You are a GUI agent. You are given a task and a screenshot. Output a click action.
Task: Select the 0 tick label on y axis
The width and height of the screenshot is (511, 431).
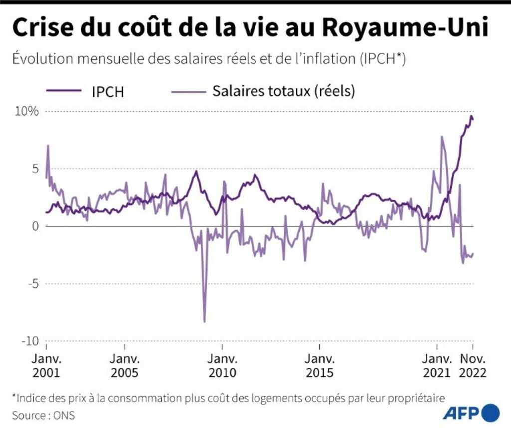pos(35,226)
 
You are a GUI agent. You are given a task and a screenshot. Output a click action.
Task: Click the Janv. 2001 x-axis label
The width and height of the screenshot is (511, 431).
pos(46,366)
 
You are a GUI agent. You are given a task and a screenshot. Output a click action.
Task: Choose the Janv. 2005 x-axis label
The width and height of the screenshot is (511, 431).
pos(125,366)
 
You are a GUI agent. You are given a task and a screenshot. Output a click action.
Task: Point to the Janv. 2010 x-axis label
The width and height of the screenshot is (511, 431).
pos(223,366)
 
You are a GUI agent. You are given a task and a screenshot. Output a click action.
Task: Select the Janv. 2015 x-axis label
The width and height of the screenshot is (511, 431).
pos(320,366)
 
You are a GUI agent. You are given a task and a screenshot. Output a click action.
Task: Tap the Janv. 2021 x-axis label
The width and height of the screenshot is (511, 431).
pos(437,366)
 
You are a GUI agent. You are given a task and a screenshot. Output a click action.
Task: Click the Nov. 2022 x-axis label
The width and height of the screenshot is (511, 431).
pos(473,366)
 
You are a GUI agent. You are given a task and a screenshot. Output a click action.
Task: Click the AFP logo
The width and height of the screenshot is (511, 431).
pos(471,413)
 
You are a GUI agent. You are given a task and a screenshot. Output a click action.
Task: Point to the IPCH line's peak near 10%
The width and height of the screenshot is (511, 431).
pos(471,116)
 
